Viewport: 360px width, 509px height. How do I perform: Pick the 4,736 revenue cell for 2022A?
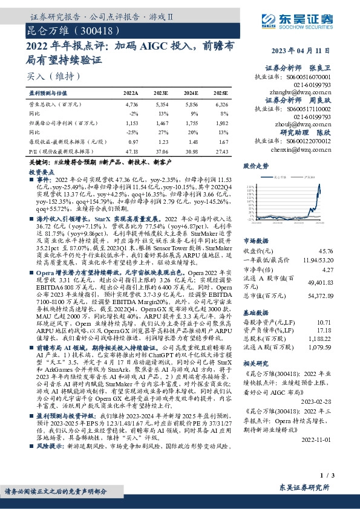coord(131,104)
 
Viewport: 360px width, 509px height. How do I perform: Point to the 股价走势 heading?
coord(255,165)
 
